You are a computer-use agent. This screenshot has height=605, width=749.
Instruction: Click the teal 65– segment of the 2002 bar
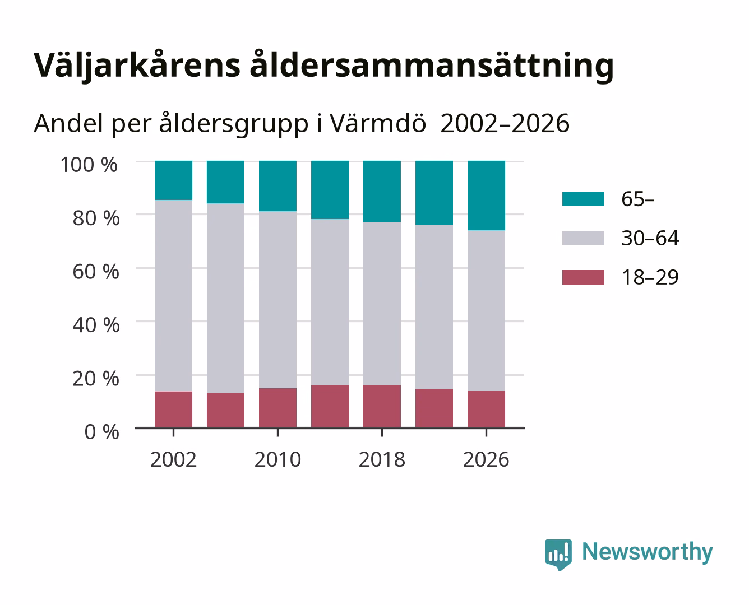[173, 180]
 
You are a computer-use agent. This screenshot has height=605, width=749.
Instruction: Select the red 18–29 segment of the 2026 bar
[486, 409]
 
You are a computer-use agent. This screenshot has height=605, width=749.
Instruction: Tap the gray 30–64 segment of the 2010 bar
[278, 300]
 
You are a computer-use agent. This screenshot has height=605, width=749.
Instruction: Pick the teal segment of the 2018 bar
[382, 191]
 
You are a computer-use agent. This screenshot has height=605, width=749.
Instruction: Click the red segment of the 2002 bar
[173, 409]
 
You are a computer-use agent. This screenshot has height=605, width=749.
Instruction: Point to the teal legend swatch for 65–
[583, 199]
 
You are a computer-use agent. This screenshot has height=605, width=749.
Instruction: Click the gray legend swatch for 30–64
[583, 238]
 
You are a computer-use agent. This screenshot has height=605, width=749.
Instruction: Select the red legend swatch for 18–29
[583, 277]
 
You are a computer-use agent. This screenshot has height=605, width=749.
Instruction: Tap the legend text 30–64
[650, 238]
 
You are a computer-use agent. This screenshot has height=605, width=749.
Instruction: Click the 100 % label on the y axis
[89, 165]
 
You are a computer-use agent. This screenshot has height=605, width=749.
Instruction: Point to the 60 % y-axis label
[96, 271]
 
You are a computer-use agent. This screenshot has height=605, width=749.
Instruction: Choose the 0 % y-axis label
[101, 431]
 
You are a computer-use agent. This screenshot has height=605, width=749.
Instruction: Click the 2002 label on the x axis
[173, 459]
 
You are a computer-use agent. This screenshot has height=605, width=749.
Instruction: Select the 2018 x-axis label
[382, 459]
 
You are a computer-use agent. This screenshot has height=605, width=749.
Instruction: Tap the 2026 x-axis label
[486, 459]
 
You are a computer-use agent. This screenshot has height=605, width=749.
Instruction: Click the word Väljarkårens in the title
[137, 66]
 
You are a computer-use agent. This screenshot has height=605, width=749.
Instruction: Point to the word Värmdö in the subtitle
[378, 123]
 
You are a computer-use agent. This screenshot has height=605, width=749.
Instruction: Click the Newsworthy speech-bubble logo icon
[558, 555]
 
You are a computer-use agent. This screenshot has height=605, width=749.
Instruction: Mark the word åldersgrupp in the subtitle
[233, 124]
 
